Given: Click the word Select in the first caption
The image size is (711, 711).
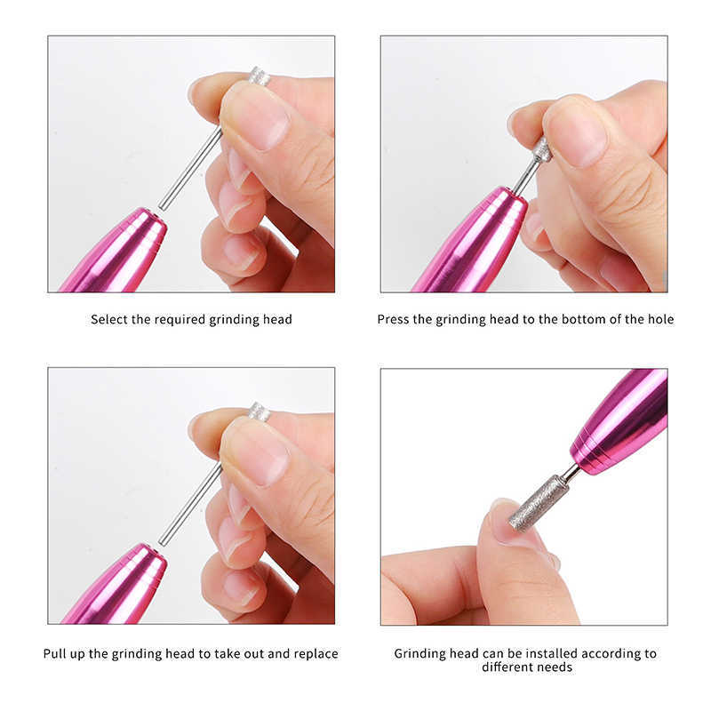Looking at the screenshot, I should [x=109, y=319].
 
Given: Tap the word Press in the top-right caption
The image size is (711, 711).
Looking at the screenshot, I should [x=393, y=319].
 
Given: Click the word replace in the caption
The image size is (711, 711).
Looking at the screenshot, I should [x=316, y=653].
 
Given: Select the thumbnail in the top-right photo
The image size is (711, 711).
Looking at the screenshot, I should [x=579, y=132].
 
